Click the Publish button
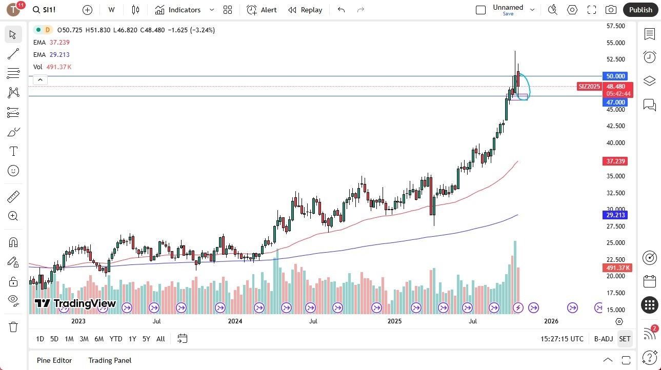(640, 10)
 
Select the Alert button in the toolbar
(262, 10)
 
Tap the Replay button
(305, 10)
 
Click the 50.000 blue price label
(616, 76)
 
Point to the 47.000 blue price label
(616, 102)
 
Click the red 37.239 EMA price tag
(616, 161)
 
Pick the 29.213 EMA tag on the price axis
(616, 215)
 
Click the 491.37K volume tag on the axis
(617, 268)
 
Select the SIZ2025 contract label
(589, 87)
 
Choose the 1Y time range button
(132, 339)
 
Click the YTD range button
(116, 339)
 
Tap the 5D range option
(54, 339)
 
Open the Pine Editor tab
(54, 360)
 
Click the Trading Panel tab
(110, 360)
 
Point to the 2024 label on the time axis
(235, 321)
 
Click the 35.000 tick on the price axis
(616, 176)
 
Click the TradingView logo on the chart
(75, 303)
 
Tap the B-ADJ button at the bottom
(604, 339)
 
